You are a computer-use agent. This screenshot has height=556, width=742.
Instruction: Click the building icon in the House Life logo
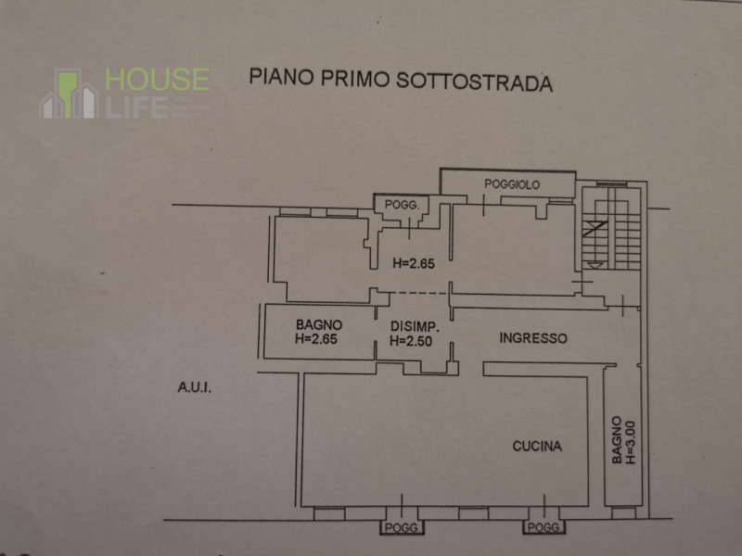point(69,95)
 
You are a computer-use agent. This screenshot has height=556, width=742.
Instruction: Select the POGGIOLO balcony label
point(512,184)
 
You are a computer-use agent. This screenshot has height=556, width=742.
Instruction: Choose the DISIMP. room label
point(414,327)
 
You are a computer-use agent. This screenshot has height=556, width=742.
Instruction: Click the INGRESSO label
point(533,338)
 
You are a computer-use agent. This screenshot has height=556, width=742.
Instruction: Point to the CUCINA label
point(537,447)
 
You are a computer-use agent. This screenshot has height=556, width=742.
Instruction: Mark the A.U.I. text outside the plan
point(195,387)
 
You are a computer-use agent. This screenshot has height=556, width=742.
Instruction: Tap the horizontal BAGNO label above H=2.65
point(319,325)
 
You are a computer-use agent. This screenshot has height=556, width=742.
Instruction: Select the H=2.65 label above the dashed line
point(414,263)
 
